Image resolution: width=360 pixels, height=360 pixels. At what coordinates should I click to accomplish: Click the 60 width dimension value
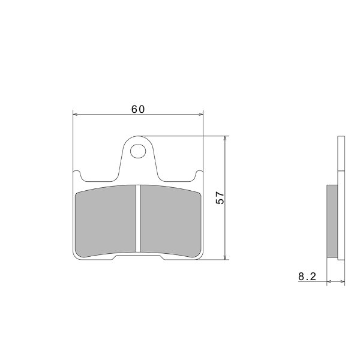(138, 109)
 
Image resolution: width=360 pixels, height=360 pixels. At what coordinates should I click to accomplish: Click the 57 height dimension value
(220, 197)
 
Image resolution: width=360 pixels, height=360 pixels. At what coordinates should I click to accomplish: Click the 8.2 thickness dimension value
(307, 277)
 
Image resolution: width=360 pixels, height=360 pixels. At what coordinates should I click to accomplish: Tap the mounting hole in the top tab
(138, 151)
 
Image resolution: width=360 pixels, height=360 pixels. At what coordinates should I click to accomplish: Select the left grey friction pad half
(106, 221)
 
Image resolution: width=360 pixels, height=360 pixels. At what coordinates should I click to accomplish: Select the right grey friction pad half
(170, 221)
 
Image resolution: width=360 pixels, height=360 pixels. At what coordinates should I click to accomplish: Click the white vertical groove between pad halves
(138, 218)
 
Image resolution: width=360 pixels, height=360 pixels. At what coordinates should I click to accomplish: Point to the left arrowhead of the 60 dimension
(74, 114)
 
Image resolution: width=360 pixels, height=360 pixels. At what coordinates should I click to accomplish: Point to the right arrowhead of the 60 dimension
(202, 114)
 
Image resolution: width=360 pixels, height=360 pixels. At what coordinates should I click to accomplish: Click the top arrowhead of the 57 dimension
(226, 138)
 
